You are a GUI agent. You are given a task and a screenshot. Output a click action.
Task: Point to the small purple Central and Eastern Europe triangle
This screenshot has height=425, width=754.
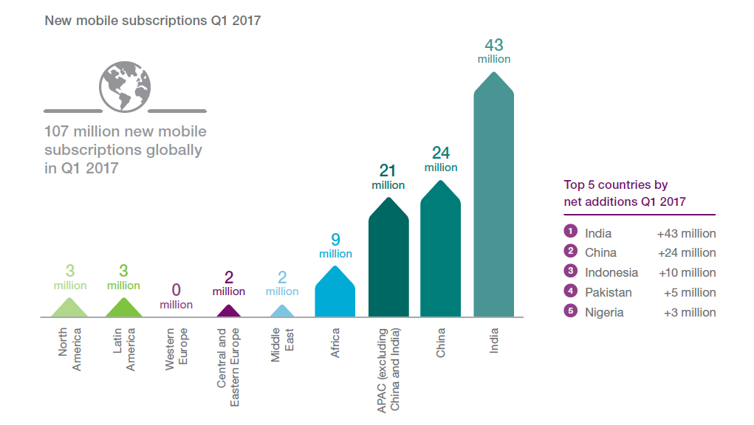[x=229, y=312]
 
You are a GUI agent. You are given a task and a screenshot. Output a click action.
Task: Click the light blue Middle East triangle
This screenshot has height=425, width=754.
[x=282, y=312]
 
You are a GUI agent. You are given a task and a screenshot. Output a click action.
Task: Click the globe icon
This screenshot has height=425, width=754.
[x=123, y=86]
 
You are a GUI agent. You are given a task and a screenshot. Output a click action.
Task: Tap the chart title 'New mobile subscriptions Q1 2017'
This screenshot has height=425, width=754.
[x=153, y=21]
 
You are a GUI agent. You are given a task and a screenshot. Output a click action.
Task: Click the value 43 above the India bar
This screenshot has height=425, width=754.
[x=494, y=46]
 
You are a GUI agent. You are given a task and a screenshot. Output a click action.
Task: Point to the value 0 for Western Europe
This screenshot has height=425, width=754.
[x=176, y=289]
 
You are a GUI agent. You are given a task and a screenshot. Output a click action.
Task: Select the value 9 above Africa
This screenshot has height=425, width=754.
[x=335, y=239]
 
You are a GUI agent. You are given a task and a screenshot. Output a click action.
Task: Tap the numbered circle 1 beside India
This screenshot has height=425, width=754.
[x=570, y=232]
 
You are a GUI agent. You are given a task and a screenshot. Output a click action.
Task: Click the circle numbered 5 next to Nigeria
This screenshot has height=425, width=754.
[x=570, y=311]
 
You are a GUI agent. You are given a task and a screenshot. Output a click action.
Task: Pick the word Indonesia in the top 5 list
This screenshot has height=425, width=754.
[x=611, y=272]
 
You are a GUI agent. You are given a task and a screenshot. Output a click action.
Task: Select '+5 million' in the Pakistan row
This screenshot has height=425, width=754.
[x=690, y=292]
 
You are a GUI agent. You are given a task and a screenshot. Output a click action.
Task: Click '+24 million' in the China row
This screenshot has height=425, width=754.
[x=686, y=252]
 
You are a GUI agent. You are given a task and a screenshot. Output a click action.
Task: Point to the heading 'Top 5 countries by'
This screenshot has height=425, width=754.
[x=616, y=185]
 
